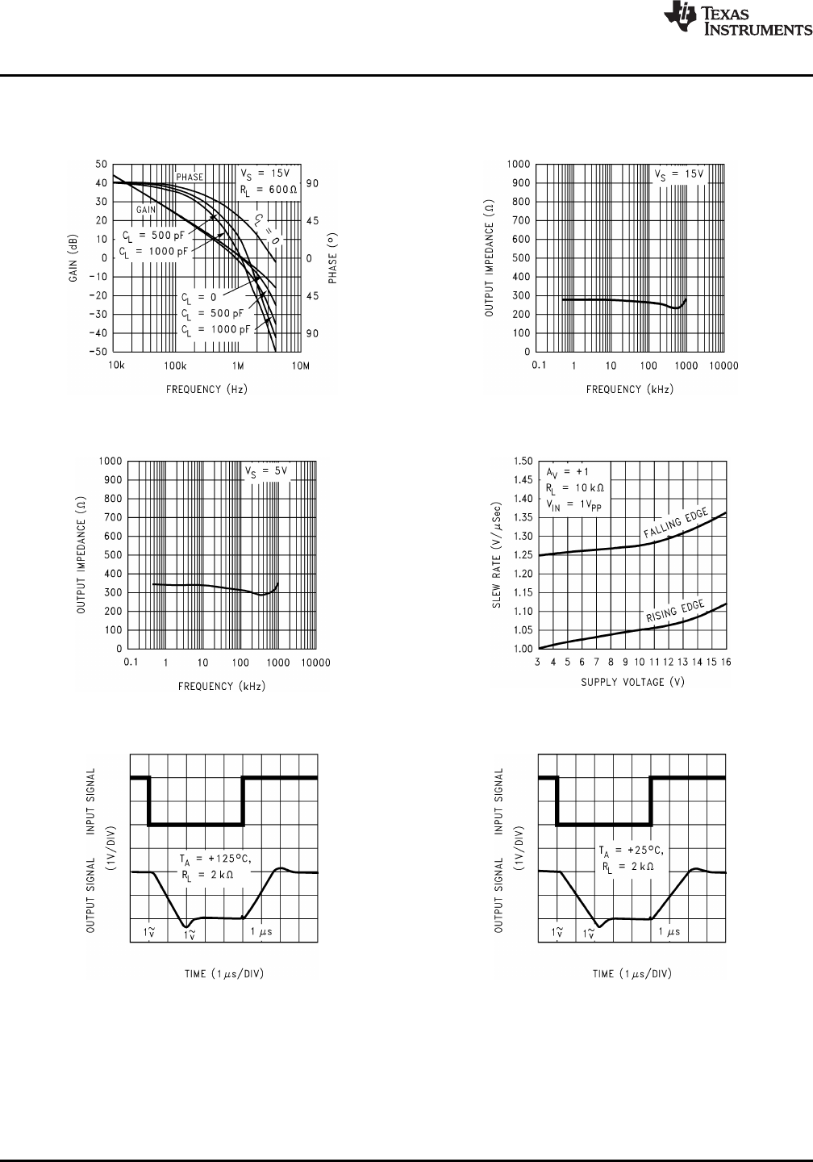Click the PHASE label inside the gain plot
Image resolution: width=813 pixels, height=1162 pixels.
click(190, 177)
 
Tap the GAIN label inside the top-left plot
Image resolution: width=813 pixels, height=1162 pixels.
click(145, 210)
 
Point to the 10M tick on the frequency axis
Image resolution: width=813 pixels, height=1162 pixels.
click(301, 366)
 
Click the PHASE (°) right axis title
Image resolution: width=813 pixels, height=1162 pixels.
click(332, 258)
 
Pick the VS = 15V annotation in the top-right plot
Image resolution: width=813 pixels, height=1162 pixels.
click(679, 174)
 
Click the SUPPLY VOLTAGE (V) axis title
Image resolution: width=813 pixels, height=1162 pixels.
click(632, 683)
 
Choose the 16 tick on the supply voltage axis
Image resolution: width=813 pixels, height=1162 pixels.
click(727, 663)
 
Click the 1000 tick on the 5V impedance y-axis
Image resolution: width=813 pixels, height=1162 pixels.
click(111, 462)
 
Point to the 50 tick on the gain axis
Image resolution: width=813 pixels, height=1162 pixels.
click(102, 164)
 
